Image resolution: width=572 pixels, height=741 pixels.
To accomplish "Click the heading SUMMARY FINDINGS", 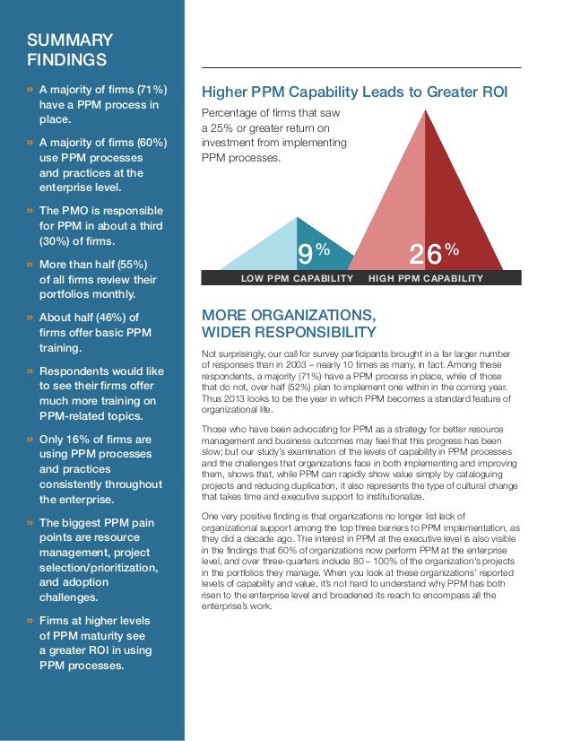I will tap(70, 50).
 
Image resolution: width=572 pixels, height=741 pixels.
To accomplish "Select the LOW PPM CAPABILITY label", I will tap(298, 279).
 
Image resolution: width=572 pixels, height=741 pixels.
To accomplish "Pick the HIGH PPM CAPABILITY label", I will tap(426, 279).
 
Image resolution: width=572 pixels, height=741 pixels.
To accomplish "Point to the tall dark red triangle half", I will tap(453, 206).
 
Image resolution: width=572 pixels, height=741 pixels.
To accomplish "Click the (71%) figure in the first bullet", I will tap(148, 91).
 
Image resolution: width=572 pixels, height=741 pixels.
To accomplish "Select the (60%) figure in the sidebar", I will tap(148, 142).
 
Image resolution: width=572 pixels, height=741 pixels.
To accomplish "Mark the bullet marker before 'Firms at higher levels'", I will tap(30, 621).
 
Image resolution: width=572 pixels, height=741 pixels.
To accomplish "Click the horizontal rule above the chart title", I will tap(360, 67).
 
